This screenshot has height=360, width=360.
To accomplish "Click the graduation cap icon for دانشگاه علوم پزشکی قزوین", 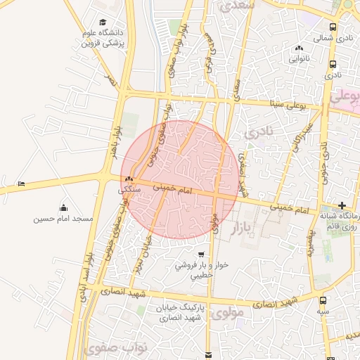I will tap(104, 22).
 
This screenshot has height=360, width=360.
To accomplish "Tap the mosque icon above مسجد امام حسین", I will tap(64, 207).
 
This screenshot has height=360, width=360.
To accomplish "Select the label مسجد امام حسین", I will tap(63, 219).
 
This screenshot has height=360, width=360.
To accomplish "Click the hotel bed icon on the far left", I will tap(22, 184).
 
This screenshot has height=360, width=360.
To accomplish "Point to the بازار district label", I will tap(239, 229).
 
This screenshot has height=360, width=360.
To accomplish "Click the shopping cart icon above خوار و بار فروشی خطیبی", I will tap(202, 254).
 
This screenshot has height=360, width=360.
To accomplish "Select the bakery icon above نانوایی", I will tap(300, 48).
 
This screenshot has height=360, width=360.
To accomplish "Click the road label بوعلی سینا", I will tap(289, 105).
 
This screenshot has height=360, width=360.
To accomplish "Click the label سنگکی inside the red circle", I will tap(131, 190).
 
